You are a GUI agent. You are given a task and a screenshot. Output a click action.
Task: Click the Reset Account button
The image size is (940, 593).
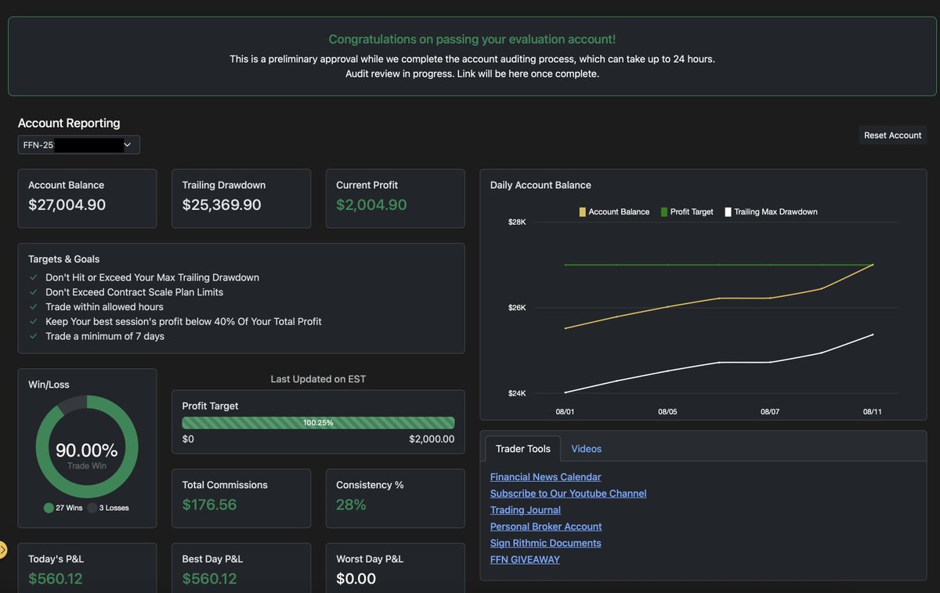click(x=892, y=136)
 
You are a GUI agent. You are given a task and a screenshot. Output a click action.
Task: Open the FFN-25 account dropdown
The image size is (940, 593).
click(x=78, y=145)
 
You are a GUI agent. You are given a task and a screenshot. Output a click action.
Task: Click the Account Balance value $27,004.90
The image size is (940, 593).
click(x=67, y=205)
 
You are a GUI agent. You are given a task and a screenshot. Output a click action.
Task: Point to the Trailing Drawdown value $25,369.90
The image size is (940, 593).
click(x=222, y=205)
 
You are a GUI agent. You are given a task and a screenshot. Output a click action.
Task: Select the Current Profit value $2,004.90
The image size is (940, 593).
click(x=371, y=205)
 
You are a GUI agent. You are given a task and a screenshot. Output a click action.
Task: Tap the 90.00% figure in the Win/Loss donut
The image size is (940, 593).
click(x=86, y=450)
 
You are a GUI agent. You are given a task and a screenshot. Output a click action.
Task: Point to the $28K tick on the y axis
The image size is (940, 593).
click(x=517, y=222)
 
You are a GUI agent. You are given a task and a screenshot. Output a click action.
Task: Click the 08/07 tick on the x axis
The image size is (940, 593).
click(x=770, y=411)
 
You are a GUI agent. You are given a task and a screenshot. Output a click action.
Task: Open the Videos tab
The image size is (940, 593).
click(x=586, y=449)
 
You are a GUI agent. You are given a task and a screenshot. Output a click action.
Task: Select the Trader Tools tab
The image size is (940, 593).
click(x=522, y=449)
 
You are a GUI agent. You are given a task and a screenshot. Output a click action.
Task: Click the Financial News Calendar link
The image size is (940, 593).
click(x=545, y=477)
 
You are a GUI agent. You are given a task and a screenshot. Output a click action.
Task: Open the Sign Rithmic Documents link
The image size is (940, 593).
click(x=545, y=543)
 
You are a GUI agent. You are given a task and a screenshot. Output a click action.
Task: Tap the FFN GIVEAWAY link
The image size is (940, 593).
click(x=525, y=559)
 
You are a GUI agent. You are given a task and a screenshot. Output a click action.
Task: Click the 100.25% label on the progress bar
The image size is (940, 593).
click(x=318, y=423)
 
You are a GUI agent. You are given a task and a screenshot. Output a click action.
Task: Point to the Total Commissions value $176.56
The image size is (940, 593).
click(x=209, y=504)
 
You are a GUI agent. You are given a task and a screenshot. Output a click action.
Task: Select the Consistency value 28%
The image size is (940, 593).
click(x=351, y=504)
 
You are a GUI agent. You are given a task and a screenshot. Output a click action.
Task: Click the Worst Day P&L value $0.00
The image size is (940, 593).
click(x=356, y=579)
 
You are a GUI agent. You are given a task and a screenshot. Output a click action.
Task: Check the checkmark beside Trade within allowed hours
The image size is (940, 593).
click(x=33, y=307)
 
